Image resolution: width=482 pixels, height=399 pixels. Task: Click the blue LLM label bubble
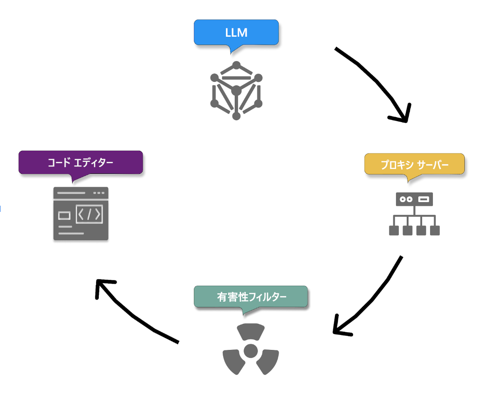[236, 33]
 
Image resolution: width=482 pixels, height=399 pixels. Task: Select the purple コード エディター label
[81, 162]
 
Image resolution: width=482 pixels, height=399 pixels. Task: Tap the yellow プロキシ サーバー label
[414, 165]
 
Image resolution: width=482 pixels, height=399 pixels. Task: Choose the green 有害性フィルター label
[251, 297]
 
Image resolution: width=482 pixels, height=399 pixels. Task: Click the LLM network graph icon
[236, 91]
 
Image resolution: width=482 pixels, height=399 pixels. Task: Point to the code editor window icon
[81, 214]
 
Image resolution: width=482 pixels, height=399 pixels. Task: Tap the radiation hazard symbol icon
[251, 349]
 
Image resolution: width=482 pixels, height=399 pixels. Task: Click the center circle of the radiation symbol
[251, 350]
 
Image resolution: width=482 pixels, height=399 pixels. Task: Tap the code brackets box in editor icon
[89, 215]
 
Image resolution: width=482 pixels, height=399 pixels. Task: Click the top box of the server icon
[414, 199]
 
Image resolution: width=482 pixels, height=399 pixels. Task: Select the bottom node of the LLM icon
[236, 116]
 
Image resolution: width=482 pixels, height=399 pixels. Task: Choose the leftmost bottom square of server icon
[393, 230]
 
